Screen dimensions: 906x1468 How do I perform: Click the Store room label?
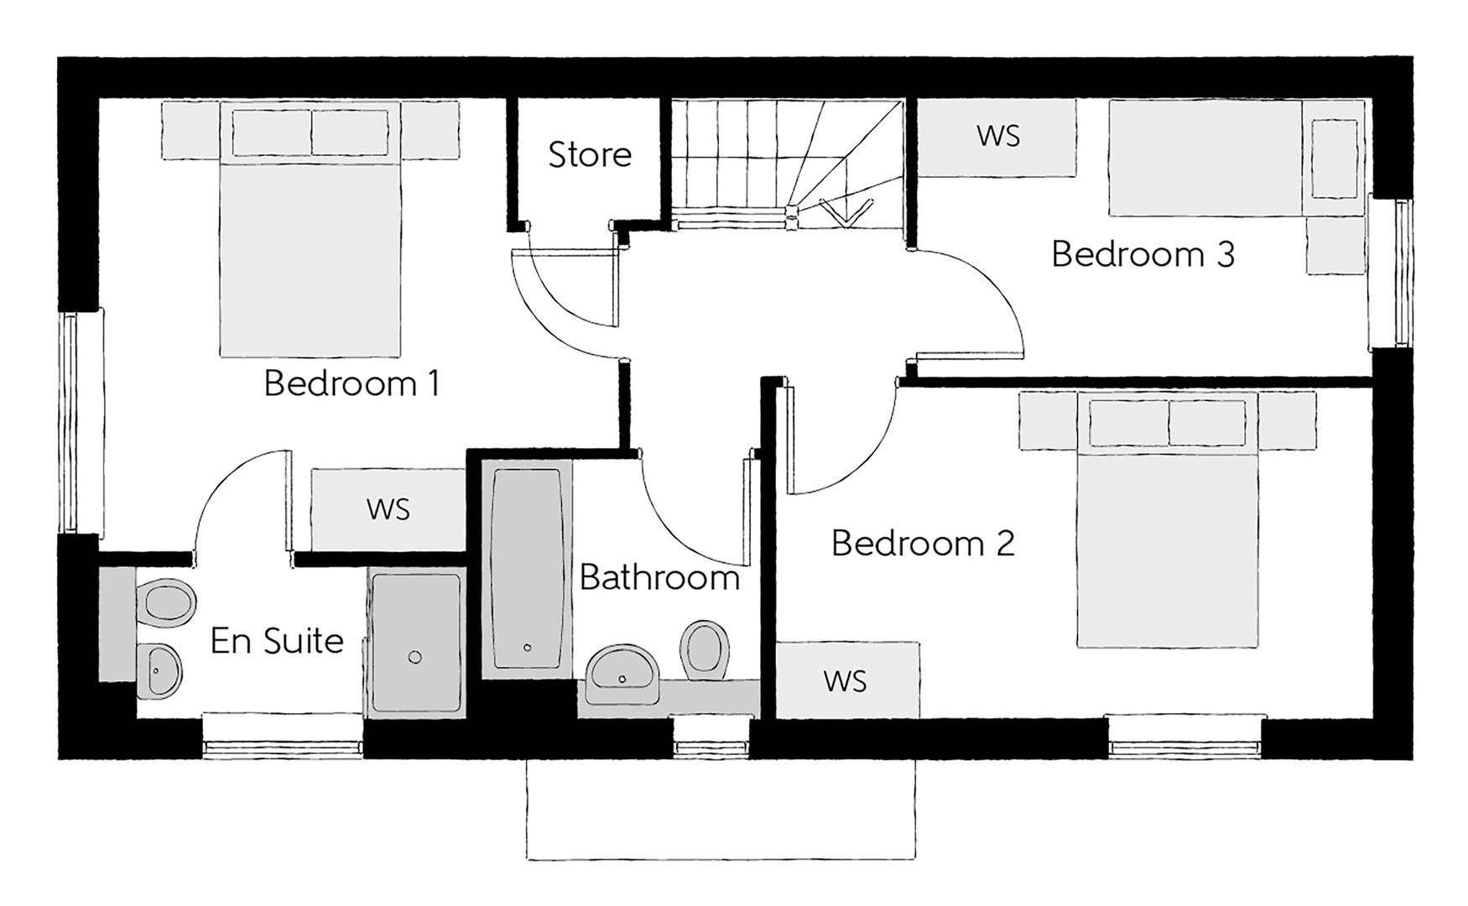click(590, 155)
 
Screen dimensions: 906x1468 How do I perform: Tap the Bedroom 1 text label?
click(351, 383)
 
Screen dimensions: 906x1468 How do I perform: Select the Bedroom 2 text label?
click(923, 544)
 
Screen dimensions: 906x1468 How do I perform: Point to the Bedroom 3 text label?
click(1143, 254)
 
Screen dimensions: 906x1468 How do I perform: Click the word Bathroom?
click(659, 578)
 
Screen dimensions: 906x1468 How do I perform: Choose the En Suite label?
click(277, 641)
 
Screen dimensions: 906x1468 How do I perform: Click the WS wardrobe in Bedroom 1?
click(388, 509)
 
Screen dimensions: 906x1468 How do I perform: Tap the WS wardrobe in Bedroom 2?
click(846, 680)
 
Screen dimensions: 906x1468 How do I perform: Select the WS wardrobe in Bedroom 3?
click(997, 137)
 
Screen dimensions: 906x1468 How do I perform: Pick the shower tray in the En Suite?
click(415, 643)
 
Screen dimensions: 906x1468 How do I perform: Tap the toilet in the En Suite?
click(167, 603)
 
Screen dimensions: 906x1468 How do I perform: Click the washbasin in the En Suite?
click(159, 670)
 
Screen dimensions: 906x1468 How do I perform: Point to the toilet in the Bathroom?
click(704, 650)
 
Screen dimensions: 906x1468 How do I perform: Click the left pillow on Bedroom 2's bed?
click(1128, 423)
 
